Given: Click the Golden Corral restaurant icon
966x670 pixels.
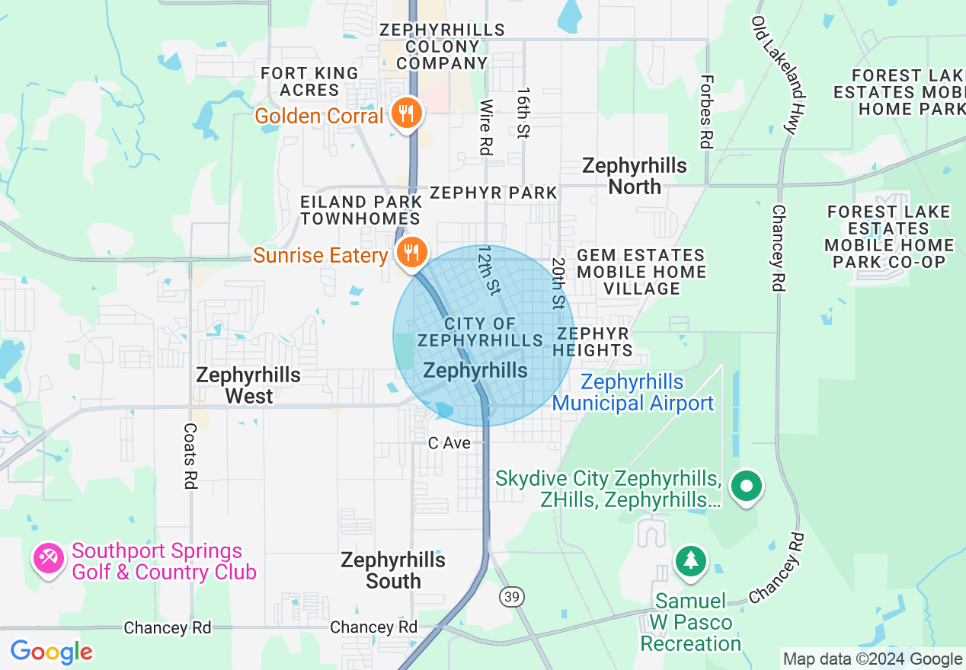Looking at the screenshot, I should tap(406, 113).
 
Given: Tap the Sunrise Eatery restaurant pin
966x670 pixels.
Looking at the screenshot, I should tap(411, 252).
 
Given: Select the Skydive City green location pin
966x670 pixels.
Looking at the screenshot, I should tap(747, 486).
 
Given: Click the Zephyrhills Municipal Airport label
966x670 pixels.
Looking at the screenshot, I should tap(633, 393).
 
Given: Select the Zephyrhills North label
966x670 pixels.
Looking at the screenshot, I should tap(634, 176).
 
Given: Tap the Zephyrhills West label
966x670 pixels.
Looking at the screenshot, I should tap(248, 385).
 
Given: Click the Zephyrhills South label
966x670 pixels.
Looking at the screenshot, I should tap(393, 570).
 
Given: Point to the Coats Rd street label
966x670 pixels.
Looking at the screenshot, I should tap(190, 457).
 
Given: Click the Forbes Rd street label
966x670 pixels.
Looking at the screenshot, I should tap(706, 111).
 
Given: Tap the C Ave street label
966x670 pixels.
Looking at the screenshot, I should tap(449, 443).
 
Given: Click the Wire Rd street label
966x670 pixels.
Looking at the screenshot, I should tap(485, 126).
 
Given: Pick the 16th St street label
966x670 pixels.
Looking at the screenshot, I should tap(522, 112).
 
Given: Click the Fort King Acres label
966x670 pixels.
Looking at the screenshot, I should tap(309, 81).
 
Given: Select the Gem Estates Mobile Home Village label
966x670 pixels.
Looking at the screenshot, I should tap(641, 272).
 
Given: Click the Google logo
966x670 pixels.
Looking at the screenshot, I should tap(51, 652).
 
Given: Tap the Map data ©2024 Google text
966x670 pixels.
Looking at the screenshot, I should tap(872, 659).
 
